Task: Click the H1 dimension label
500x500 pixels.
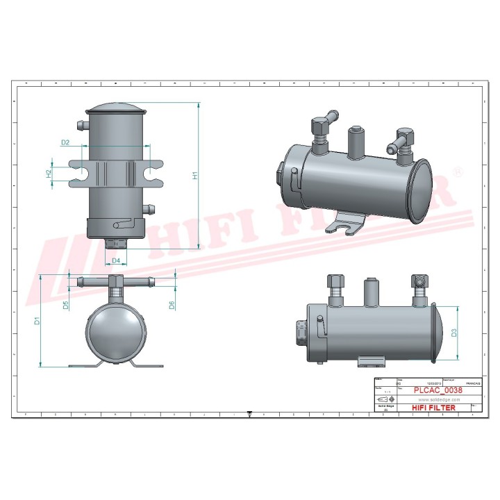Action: pos(196,176)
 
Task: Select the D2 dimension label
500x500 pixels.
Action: pos(65,142)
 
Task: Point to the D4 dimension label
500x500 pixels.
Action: pos(116,260)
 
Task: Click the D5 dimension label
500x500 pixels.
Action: pos(65,304)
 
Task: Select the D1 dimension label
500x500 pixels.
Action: pos(37,321)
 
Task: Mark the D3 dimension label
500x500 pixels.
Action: pos(454,333)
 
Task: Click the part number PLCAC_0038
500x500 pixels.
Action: pos(437,390)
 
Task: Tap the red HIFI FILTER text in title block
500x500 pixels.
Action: pos(434,408)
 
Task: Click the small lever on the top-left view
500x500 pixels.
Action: pos(121,224)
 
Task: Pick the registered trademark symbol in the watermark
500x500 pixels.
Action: pos(457,171)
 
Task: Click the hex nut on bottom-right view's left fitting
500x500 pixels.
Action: pos(333,283)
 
